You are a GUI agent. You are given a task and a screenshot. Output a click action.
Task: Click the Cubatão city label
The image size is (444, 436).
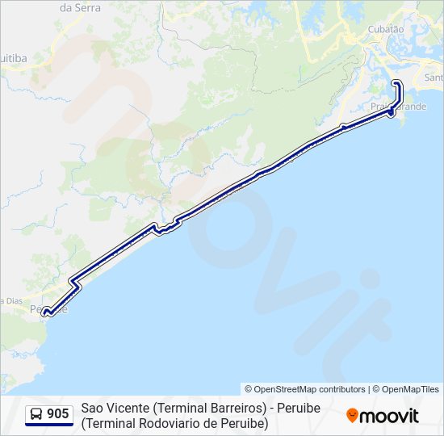385,28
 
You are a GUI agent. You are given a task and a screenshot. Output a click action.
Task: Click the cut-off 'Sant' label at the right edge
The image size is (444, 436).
434,78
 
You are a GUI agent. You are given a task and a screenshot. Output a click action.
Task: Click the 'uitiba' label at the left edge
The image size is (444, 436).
14,58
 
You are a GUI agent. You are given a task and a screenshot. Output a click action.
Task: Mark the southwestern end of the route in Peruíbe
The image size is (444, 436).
45,312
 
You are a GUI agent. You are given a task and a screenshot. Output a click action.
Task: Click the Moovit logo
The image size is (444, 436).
383,416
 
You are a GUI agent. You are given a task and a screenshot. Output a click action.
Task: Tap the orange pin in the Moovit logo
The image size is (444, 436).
352,416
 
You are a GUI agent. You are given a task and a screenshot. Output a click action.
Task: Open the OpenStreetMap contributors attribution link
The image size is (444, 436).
305,389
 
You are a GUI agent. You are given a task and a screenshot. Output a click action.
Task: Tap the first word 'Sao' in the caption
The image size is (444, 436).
92,408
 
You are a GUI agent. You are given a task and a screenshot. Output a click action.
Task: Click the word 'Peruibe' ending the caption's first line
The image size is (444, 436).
299,408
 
